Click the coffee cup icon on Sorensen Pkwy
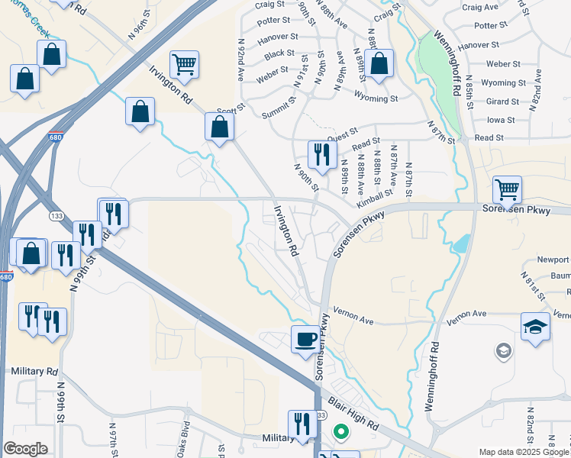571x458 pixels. [x=305, y=339]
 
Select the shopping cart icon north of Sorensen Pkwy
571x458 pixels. [x=506, y=188]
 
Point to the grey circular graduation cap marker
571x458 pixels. [x=503, y=350]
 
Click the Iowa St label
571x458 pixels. [x=501, y=120]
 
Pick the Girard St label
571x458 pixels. [x=502, y=102]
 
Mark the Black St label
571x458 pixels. [x=279, y=53]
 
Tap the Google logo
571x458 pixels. [x=25, y=448]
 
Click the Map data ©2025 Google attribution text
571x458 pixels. [x=522, y=452]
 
